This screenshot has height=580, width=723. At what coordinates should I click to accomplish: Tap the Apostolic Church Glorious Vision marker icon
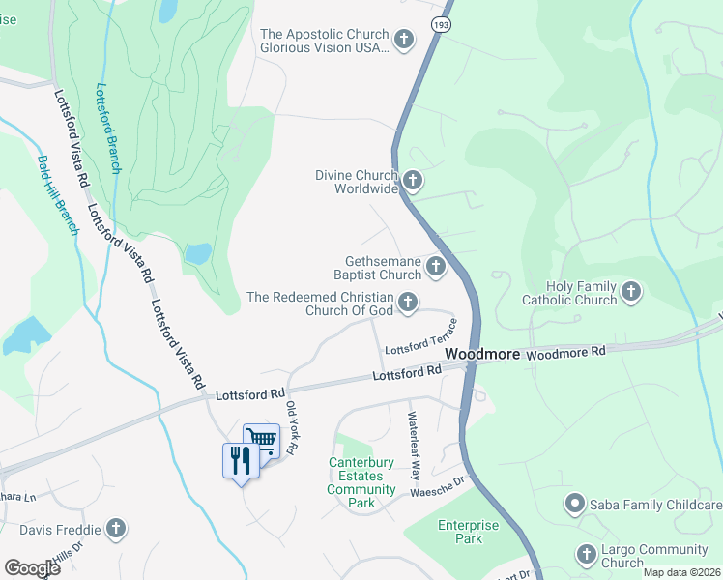click(x=404, y=40)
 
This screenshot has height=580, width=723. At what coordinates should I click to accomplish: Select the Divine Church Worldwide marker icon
click(x=413, y=180)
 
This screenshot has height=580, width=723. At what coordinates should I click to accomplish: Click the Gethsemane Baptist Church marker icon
click(x=436, y=266)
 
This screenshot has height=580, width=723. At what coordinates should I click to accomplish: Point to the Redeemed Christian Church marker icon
click(x=409, y=304)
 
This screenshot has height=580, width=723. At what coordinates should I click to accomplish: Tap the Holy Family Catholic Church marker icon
click(x=631, y=291)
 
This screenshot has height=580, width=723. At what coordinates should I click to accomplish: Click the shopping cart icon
click(x=261, y=441)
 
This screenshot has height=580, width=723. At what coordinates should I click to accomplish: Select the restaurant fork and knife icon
click(x=240, y=459)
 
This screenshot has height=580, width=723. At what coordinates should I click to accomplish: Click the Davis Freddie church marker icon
click(x=116, y=529)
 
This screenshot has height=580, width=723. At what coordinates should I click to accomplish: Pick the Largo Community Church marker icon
click(x=586, y=554)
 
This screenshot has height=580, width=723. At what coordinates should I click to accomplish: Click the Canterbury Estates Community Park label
click(x=361, y=482)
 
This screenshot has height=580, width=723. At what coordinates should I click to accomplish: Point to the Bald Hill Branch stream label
click(x=57, y=194)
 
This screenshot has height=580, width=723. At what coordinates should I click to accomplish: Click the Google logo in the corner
click(x=32, y=567)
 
